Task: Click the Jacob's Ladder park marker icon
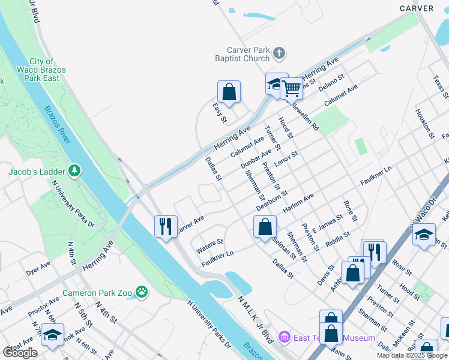tap(74, 172)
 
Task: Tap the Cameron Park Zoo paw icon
tap(141, 293)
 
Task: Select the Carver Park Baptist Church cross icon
tap(279, 53)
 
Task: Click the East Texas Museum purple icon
tap(284, 338)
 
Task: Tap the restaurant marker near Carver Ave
tap(166, 226)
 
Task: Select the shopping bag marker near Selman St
tap(264, 227)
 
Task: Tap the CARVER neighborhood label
tap(416, 8)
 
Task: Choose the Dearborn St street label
tap(273, 201)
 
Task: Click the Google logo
tap(20, 352)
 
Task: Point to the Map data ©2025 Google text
tap(412, 355)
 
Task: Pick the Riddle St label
tap(337, 239)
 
